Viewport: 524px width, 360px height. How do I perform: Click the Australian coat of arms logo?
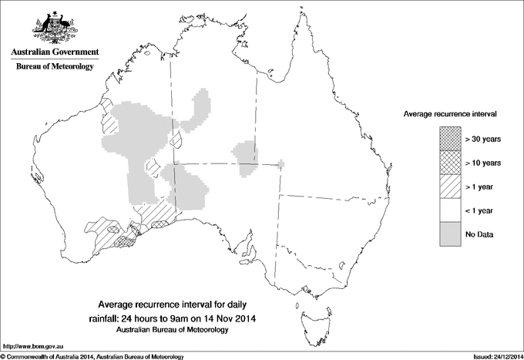click(54, 28)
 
